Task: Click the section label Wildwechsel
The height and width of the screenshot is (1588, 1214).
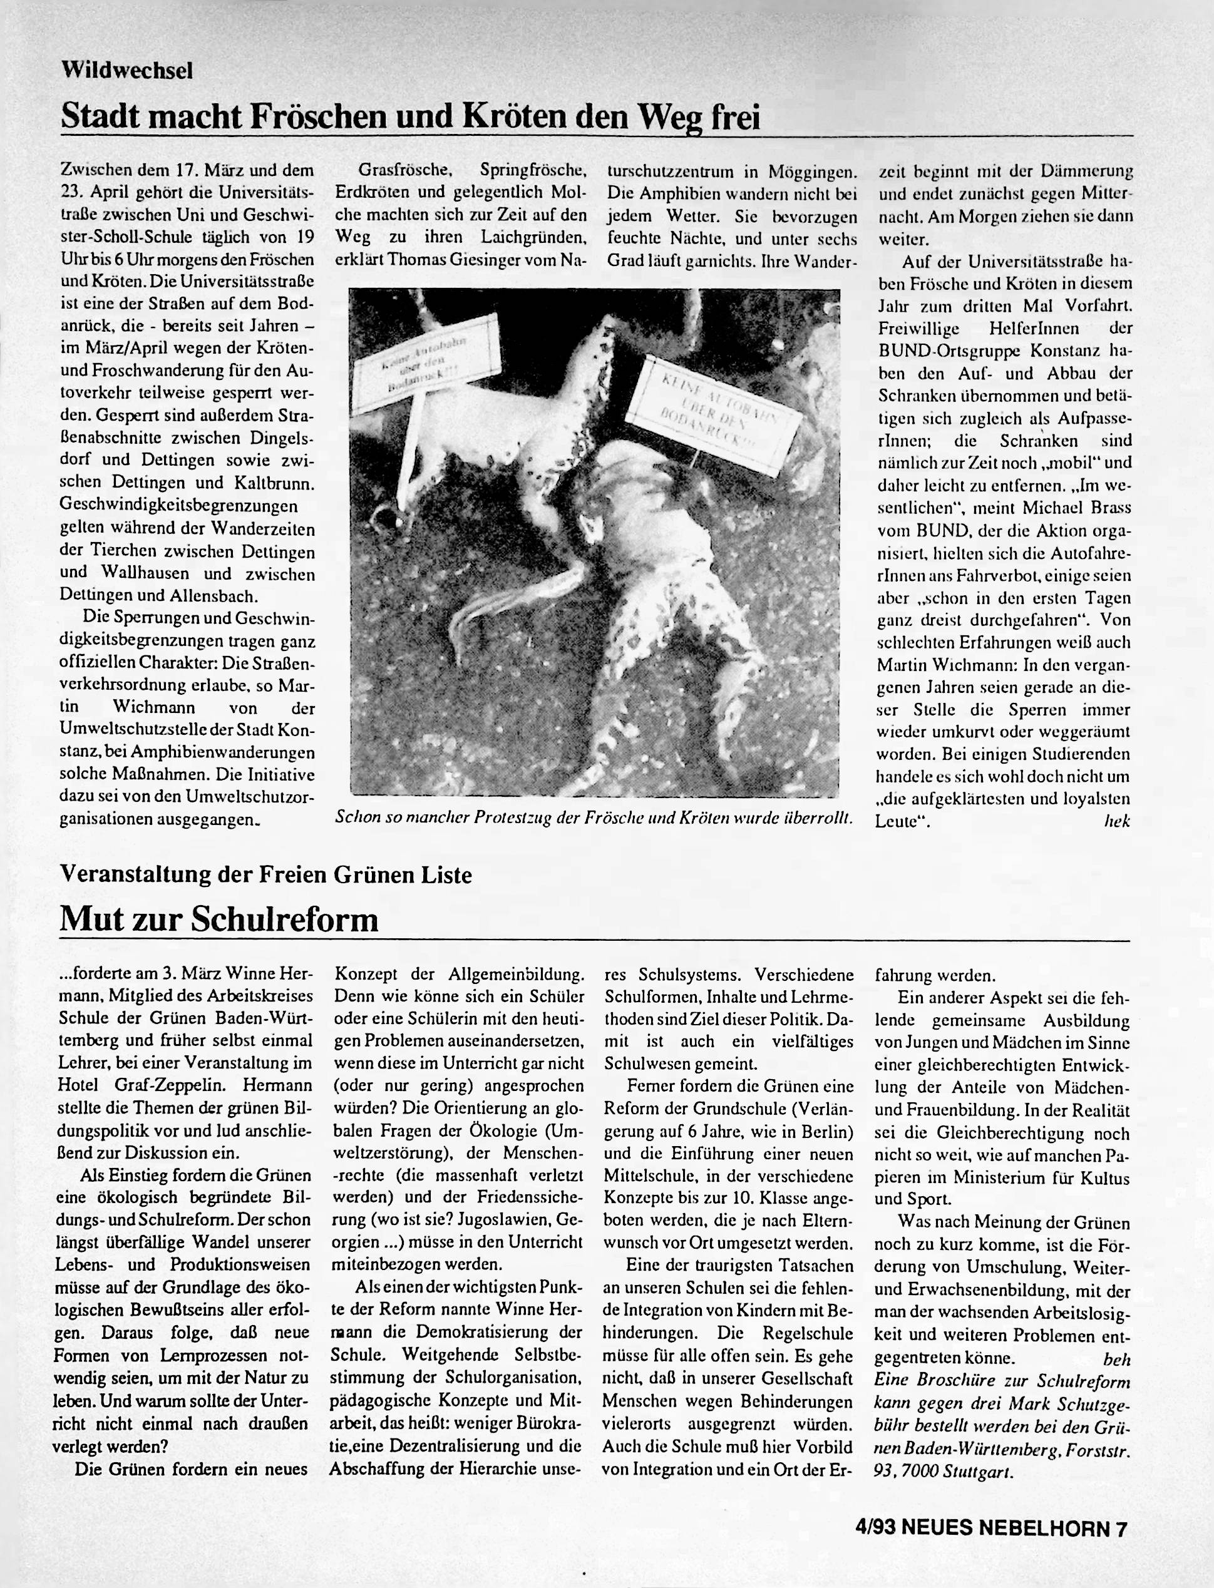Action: click(127, 70)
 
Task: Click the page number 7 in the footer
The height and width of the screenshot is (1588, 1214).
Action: click(1121, 1527)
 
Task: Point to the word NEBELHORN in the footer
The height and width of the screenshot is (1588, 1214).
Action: click(1044, 1527)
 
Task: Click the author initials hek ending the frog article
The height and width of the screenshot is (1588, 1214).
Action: click(1116, 821)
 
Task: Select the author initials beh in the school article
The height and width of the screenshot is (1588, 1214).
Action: click(1116, 1359)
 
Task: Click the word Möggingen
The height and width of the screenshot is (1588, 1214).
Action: click(812, 172)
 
